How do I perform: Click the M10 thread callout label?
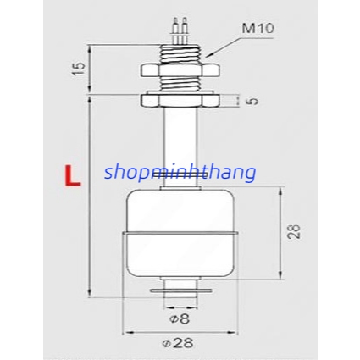(258, 28)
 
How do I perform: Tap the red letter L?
(73, 176)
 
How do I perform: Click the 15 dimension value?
(78, 69)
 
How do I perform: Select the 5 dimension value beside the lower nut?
(253, 101)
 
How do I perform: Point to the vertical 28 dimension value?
(293, 232)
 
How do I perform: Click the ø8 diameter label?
(180, 319)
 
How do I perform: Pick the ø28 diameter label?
(178, 343)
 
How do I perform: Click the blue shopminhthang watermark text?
(180, 172)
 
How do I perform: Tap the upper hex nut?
(180, 70)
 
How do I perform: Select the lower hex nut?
(180, 101)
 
